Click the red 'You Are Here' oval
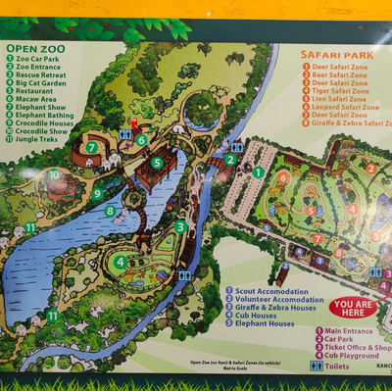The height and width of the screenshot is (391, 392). pyautogui.click(x=353, y=308)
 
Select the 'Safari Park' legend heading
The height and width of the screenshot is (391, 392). pyautogui.click(x=332, y=56)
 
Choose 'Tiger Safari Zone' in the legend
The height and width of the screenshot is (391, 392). pyautogui.click(x=338, y=90)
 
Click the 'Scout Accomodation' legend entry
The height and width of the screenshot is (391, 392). pyautogui.click(x=271, y=290)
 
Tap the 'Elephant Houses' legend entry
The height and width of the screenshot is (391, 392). pyautogui.click(x=264, y=322)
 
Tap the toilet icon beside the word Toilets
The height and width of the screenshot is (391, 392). pyautogui.click(x=316, y=366)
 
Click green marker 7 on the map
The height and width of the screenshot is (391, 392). pyautogui.click(x=91, y=148)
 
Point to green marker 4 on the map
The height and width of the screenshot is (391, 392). pyautogui.click(x=120, y=262)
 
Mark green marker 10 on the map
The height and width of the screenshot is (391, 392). pyautogui.click(x=54, y=175)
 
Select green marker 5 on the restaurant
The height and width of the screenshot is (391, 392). pyautogui.click(x=157, y=163)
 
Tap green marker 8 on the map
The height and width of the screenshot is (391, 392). pyautogui.click(x=110, y=211)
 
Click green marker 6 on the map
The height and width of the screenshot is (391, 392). pyautogui.click(x=141, y=140)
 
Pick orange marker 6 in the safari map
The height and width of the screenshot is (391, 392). pyautogui.click(x=283, y=178)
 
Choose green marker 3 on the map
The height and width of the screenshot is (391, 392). pyautogui.click(x=180, y=226)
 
